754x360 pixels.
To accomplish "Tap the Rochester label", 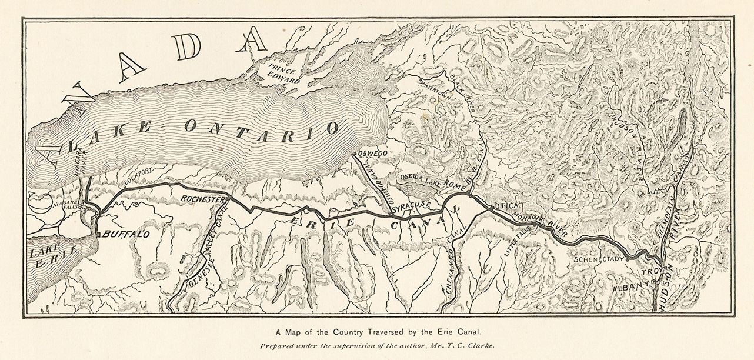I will [203, 199].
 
